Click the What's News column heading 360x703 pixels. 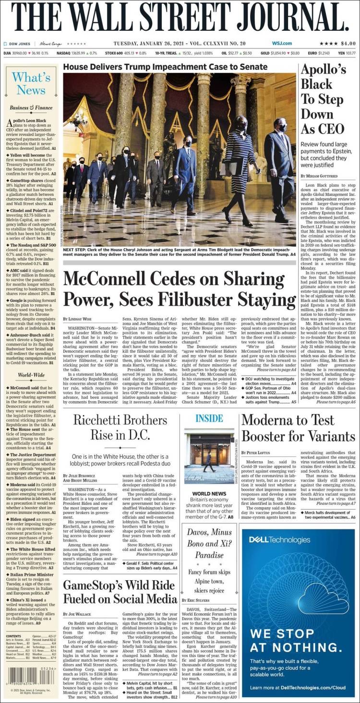tap(31, 83)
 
